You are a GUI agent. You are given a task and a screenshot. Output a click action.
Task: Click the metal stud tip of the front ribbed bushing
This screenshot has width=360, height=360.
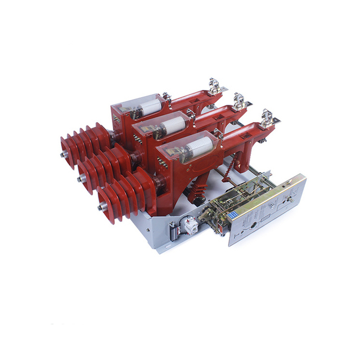pyautogui.click(x=100, y=207)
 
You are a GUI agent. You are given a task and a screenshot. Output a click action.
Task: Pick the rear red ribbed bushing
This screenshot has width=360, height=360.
pyautogui.click(x=84, y=144)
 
